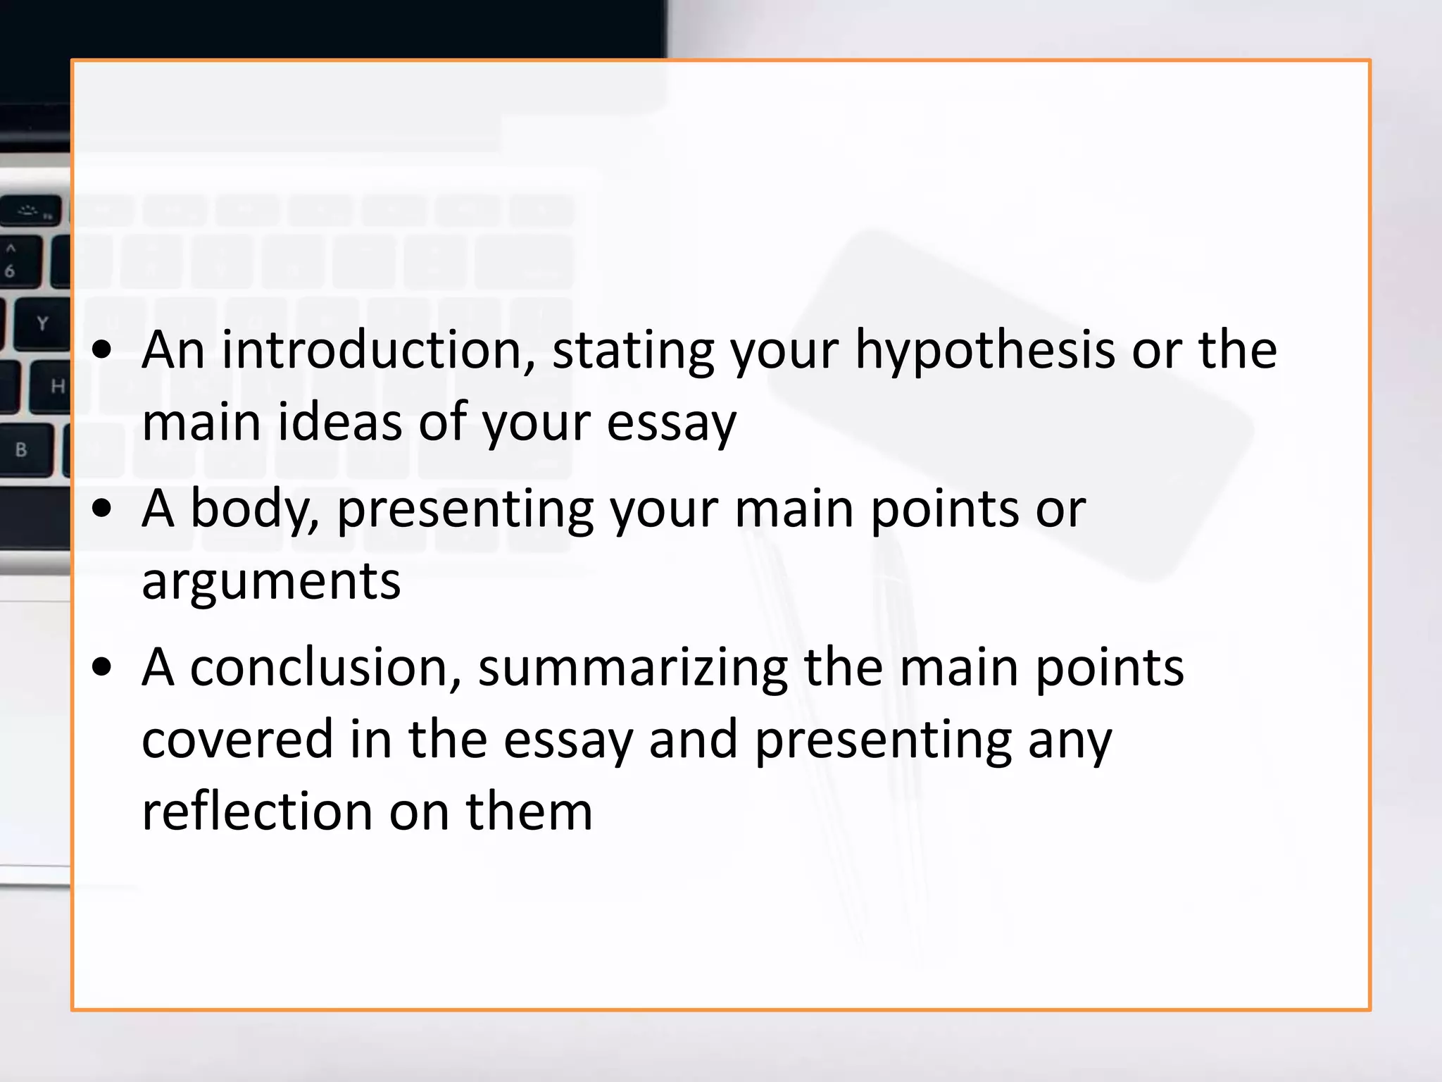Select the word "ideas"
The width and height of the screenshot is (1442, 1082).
[340, 423]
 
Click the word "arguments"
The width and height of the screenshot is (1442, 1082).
[271, 582]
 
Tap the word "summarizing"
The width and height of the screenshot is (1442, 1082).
[633, 667]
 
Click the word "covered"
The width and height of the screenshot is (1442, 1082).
[237, 740]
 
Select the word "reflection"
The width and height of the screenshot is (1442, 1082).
[257, 811]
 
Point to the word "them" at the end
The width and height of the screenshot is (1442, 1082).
[529, 811]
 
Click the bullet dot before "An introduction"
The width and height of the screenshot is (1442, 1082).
[103, 350]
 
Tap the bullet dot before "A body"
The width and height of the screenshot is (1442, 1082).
[103, 509]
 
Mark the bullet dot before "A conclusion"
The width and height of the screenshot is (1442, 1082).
[103, 667]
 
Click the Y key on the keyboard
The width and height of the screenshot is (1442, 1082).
[42, 324]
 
